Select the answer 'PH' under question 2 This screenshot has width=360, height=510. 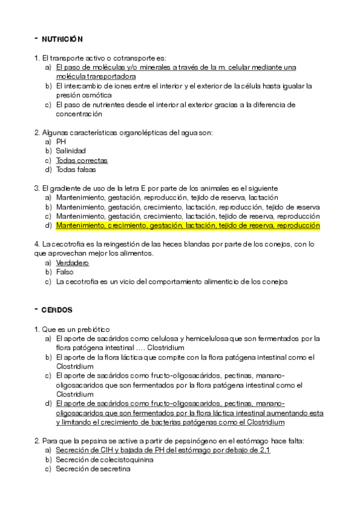pos(61,141)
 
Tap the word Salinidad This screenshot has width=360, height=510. pos(71,151)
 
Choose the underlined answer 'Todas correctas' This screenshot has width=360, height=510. pos(82,161)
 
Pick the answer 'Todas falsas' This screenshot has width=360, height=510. pos(76,170)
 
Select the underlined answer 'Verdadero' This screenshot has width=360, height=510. pos(72,263)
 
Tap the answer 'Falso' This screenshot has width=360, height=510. pos(65,272)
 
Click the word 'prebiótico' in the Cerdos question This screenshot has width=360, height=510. pos(92,329)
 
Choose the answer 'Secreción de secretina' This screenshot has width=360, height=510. pos(93,469)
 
